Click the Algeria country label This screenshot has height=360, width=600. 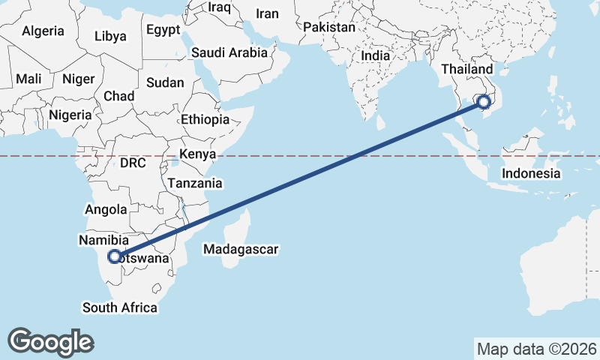[x=43, y=31]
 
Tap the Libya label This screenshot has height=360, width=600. [x=111, y=36]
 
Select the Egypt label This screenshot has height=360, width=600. [x=163, y=30]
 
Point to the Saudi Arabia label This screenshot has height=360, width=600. [x=229, y=52]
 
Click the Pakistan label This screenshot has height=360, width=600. [x=329, y=27]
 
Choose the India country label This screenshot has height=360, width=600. [x=375, y=55]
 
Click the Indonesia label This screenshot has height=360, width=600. [x=531, y=173]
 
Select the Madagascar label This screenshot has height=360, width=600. [x=241, y=249]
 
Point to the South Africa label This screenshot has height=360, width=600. [x=120, y=307]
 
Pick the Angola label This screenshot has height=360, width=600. [x=107, y=210]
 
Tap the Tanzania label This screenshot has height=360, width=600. [x=195, y=183]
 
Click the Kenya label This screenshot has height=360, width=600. [x=197, y=154]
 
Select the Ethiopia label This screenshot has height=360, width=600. [x=205, y=120]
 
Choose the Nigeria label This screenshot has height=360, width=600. [x=70, y=115]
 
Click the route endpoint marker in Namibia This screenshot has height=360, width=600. [x=114, y=256]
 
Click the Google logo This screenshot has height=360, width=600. [x=50, y=342]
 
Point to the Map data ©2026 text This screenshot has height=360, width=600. [x=536, y=349]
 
